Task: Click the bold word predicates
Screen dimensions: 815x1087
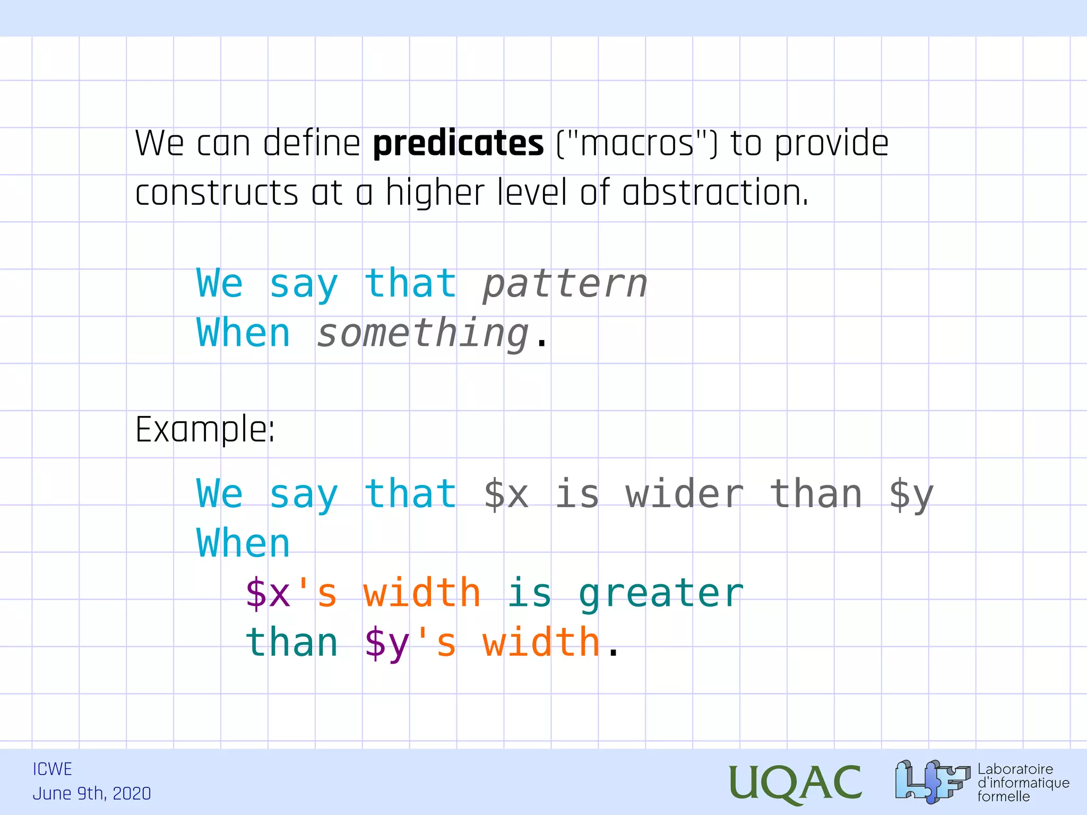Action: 458,144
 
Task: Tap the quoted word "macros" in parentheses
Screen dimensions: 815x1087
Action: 637,144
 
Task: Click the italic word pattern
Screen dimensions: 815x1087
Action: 565,284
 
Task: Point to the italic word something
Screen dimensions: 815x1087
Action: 423,334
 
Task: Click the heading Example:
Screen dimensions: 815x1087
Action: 205,429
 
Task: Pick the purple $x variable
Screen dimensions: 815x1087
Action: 268,593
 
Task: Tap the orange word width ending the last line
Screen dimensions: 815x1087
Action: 541,642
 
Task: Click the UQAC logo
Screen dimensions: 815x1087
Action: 795,783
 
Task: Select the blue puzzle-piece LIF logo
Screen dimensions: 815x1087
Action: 931,781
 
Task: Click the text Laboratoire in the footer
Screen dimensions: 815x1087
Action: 1015,769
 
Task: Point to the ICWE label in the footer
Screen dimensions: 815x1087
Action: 52,769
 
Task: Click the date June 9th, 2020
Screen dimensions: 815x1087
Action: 92,794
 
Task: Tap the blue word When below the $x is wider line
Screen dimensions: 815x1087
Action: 244,544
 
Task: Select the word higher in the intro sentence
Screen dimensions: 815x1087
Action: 435,193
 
